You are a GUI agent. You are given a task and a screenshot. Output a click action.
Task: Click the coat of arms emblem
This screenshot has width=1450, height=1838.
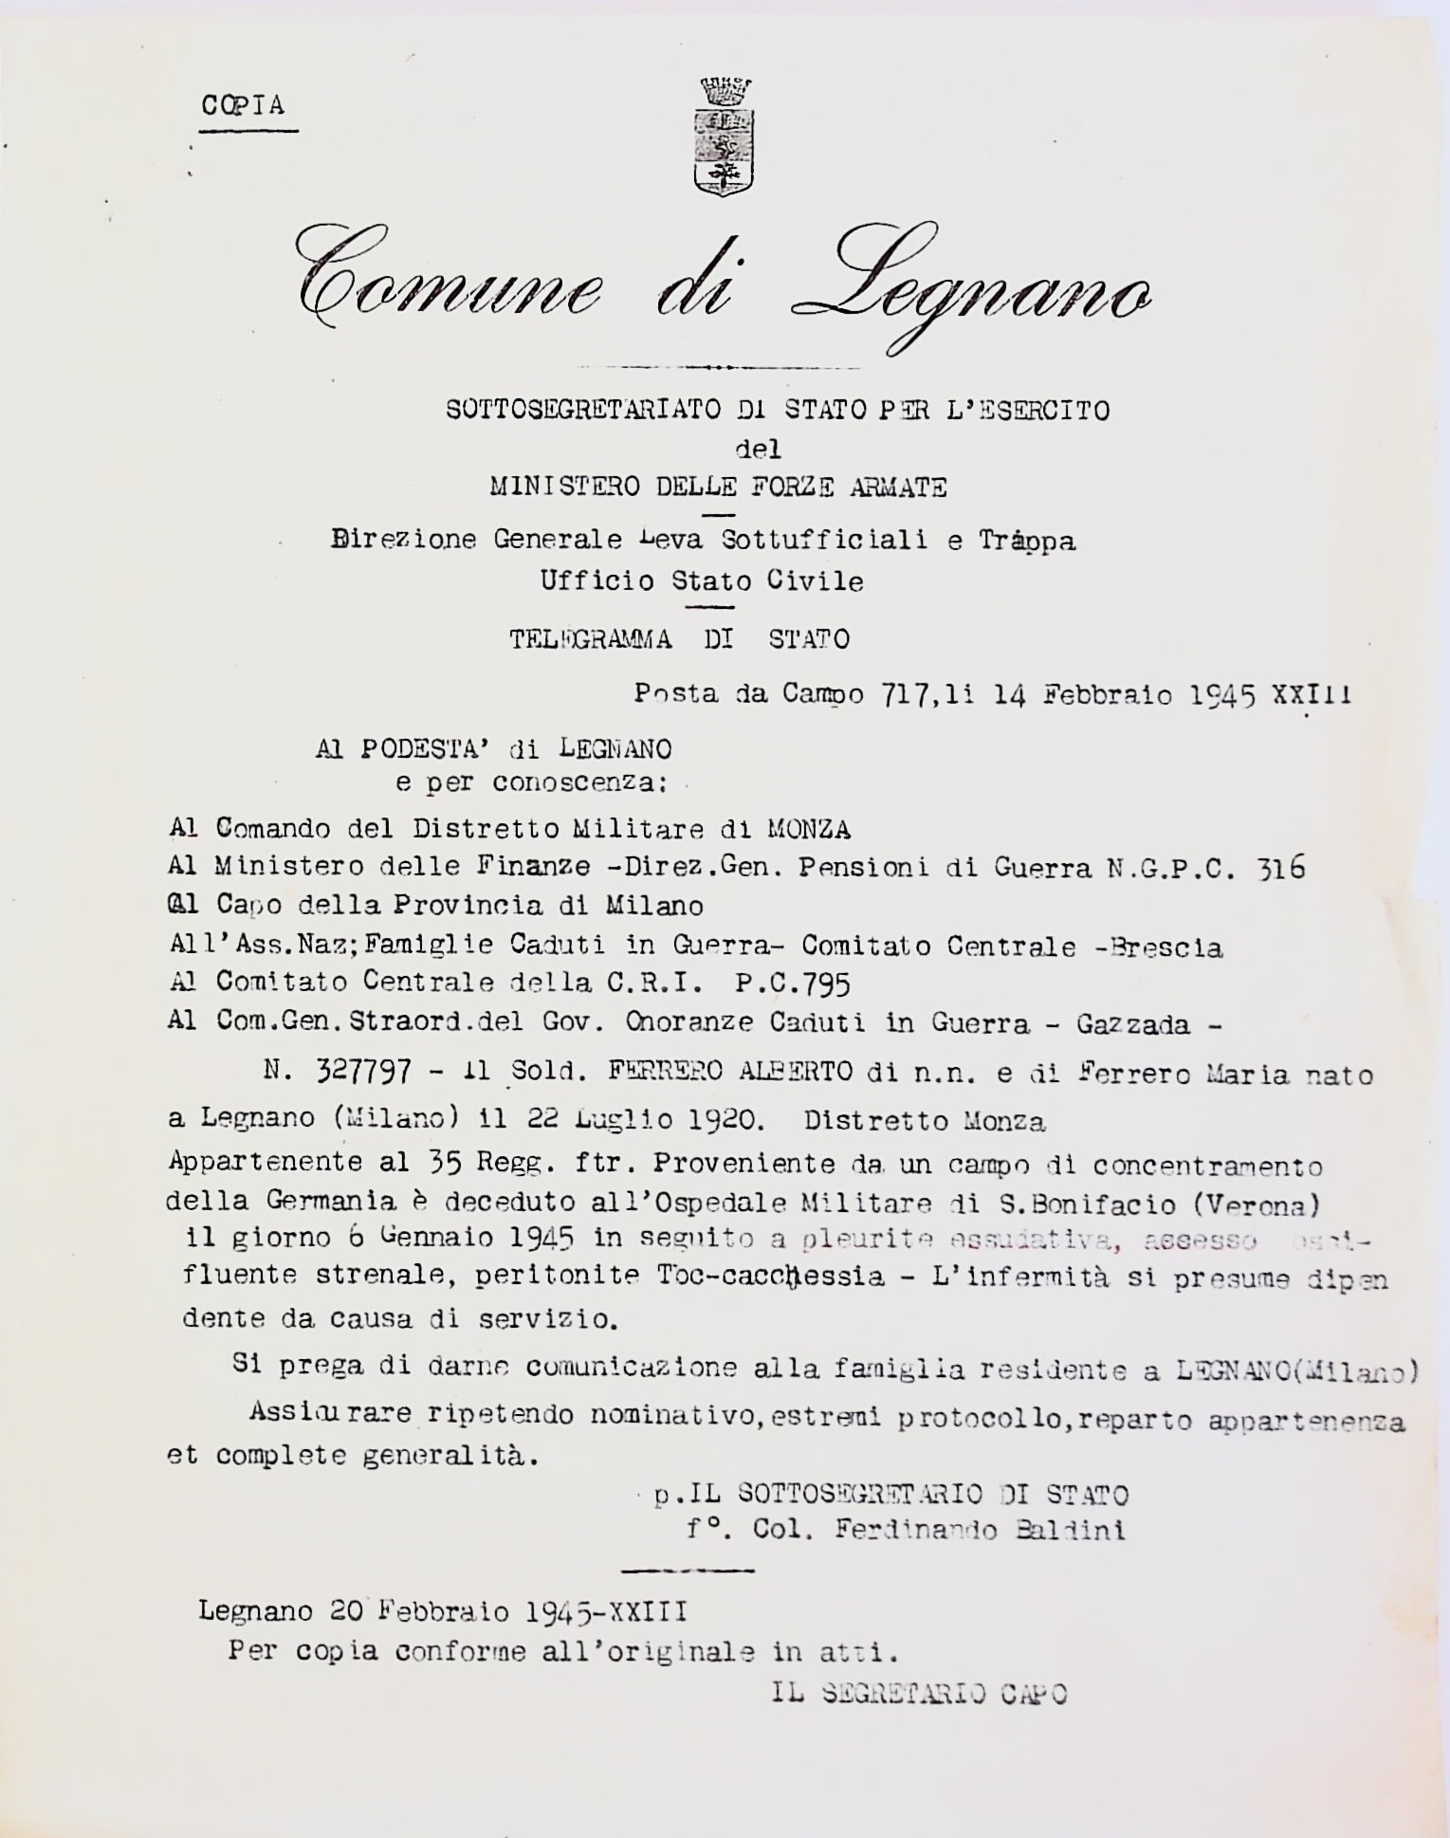725,137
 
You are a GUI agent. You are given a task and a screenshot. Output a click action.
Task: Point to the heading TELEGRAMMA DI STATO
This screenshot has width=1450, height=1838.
679,639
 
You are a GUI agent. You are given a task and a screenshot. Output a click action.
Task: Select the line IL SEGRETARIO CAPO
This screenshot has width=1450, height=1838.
919,1694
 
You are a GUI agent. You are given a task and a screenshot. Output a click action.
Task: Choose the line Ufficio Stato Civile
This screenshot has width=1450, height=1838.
702,580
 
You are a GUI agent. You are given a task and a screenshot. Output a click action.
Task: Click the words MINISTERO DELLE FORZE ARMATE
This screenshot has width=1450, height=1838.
718,487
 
